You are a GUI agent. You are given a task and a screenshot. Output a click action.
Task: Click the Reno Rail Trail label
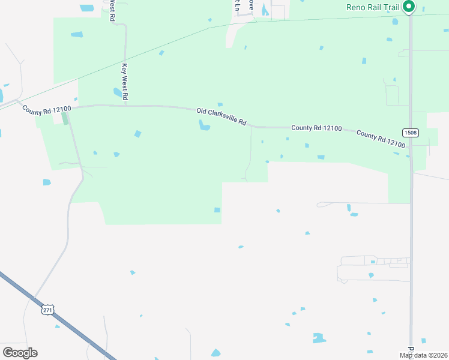(x=372, y=7)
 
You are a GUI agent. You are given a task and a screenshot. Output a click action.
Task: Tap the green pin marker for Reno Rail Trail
(x=409, y=7)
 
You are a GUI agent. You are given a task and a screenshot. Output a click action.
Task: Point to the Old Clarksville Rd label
(x=221, y=116)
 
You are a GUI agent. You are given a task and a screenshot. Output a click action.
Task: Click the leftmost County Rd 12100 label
(x=47, y=111)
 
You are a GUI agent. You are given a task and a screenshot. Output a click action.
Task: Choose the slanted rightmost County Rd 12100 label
(x=381, y=139)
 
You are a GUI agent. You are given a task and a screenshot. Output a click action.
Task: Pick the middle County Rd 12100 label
(x=316, y=128)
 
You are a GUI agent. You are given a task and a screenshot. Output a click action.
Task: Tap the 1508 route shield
(x=411, y=132)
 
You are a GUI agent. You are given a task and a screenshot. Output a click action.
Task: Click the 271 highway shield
(x=48, y=310)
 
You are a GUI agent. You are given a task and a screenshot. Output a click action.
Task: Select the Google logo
(x=20, y=352)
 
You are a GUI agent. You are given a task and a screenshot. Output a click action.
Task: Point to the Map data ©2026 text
(x=423, y=355)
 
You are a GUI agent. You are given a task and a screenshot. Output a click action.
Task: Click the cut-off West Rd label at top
(x=112, y=10)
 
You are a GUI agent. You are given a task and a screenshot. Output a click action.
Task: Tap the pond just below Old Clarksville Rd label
(x=205, y=125)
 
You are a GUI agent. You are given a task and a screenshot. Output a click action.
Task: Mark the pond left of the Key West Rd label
(x=117, y=92)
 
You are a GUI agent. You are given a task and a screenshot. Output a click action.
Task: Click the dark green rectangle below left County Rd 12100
(x=65, y=118)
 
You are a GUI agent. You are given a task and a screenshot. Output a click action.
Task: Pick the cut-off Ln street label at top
(x=237, y=5)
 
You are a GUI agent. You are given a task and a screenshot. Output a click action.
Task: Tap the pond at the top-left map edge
(x=87, y=8)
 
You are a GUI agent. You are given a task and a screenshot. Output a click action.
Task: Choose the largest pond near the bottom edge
(x=318, y=338)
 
